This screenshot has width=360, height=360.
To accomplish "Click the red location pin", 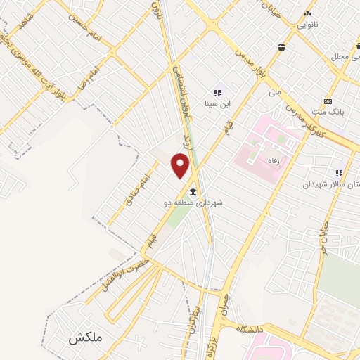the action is [x=181, y=165].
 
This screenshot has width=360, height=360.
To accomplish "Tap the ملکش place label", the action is [x=86, y=337].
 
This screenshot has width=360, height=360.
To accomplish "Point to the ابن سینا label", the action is [x=217, y=104].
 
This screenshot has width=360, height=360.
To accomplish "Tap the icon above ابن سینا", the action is [x=217, y=92].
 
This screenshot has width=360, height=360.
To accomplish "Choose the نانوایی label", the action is [x=307, y=25].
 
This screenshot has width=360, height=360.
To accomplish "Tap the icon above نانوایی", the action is [x=307, y=13].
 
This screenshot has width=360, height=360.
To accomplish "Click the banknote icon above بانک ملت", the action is [x=328, y=101].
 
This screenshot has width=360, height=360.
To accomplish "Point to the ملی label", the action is [x=275, y=91].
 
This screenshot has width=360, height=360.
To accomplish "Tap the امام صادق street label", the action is [x=141, y=184].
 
